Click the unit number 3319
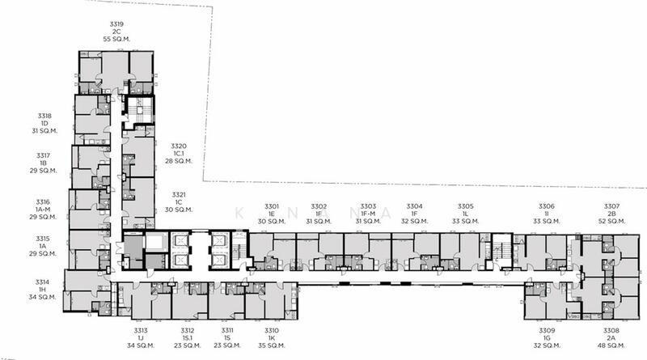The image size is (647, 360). [116, 24]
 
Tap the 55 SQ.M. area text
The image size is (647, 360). [116, 39]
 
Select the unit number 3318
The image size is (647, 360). [44, 116]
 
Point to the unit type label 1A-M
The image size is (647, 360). [43, 210]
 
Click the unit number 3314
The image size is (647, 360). [42, 282]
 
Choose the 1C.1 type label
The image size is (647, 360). [178, 154]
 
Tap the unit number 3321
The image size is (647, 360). [179, 194]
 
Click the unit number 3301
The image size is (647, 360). [272, 206]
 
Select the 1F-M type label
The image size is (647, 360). [368, 214]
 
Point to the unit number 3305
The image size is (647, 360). [466, 206]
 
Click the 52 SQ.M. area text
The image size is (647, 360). [611, 221]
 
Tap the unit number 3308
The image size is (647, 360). [611, 330]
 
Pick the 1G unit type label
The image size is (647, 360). [547, 337]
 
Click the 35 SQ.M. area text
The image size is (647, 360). [272, 345]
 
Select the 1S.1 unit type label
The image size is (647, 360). [188, 337]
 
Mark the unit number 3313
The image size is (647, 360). [141, 330]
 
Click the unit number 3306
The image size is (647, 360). [547, 206]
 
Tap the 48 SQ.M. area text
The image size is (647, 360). [611, 345]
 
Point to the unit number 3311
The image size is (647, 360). [227, 330]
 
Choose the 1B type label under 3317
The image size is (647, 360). [44, 163]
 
